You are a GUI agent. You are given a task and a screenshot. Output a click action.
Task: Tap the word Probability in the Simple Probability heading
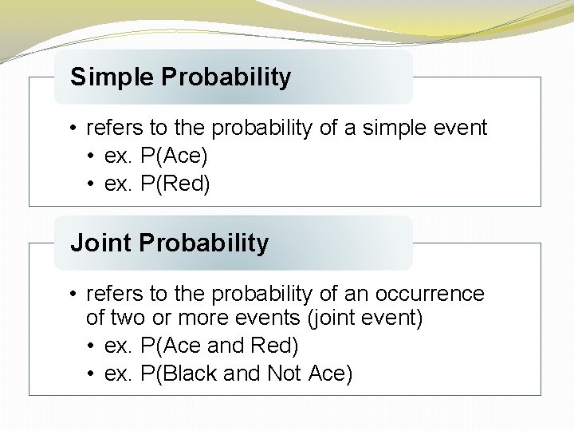[x=226, y=77]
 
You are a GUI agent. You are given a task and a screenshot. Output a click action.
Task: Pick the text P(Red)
[x=175, y=184]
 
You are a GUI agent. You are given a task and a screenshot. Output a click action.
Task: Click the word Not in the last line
[x=285, y=373]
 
